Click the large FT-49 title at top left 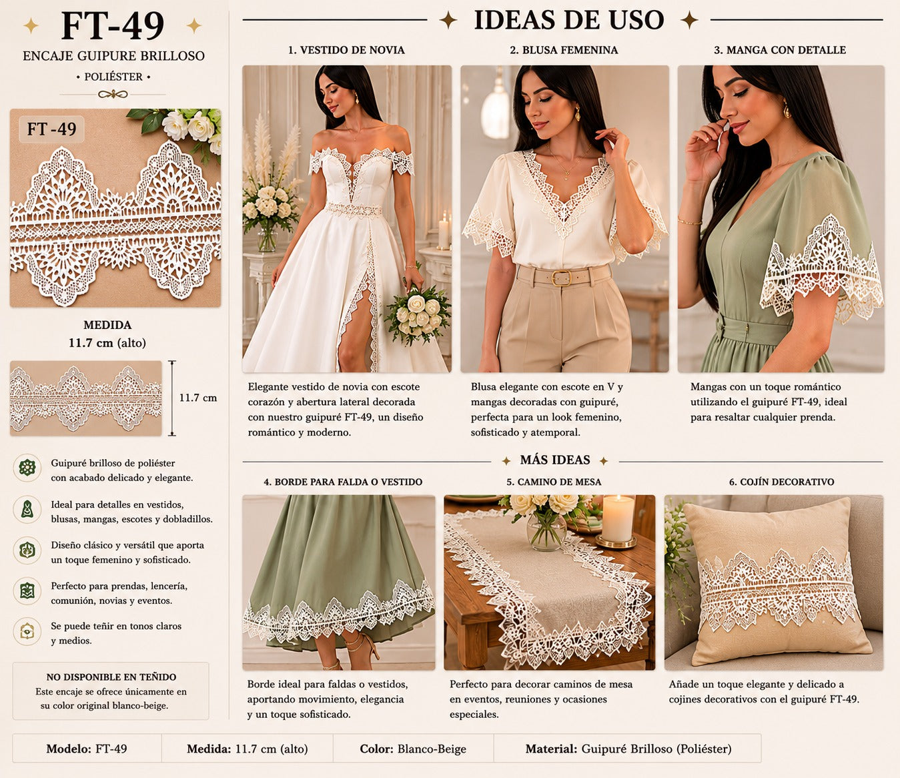click(x=113, y=26)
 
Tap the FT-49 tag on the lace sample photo click(x=51, y=129)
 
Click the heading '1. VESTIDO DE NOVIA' click(x=346, y=50)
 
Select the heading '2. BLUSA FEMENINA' click(x=564, y=50)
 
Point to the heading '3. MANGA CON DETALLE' click(x=780, y=50)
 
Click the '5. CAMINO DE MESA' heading click(x=554, y=482)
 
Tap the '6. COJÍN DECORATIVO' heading click(x=781, y=482)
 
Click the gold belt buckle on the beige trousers click(x=562, y=278)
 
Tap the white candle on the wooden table click(x=618, y=518)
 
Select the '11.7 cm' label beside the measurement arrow click(x=198, y=398)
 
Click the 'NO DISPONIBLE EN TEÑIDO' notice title click(x=111, y=677)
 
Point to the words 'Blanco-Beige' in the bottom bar click(x=432, y=749)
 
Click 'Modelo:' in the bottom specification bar click(x=69, y=749)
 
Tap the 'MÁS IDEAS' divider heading click(x=555, y=460)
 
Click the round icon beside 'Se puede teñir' click(x=27, y=631)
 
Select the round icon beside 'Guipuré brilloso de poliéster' click(x=27, y=468)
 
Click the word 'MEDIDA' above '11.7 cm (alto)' click(x=107, y=325)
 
